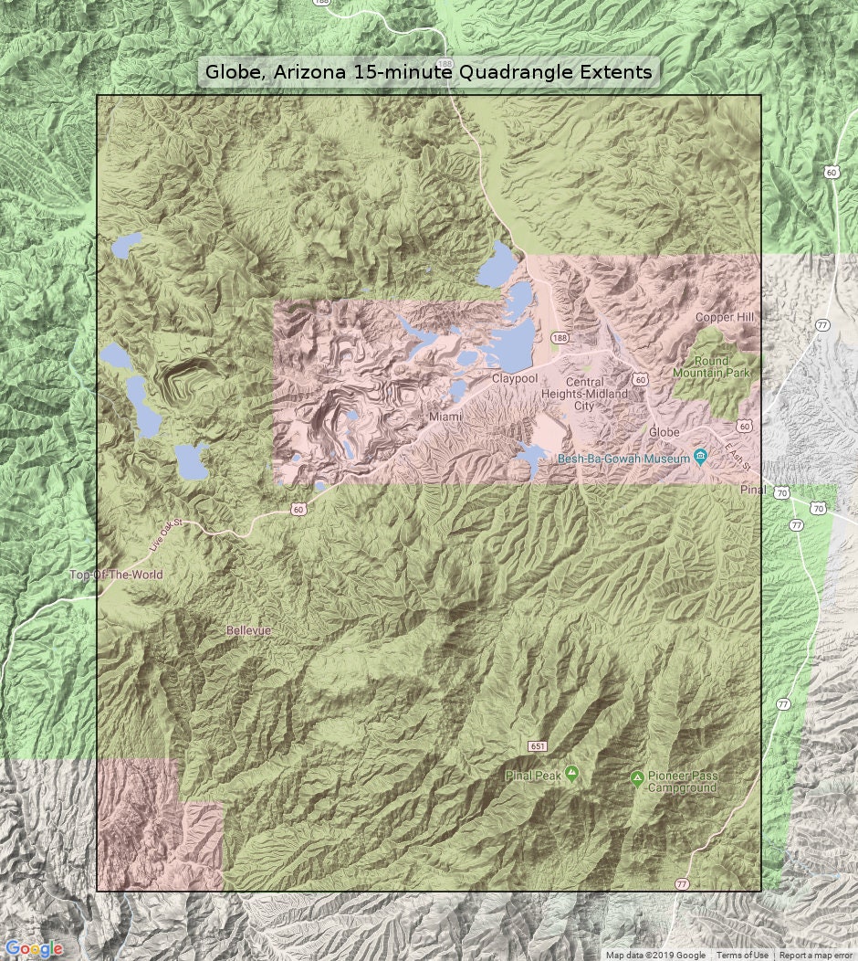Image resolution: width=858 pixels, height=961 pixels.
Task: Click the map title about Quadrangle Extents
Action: point(428,72)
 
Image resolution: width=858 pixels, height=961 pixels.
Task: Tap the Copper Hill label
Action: point(727,317)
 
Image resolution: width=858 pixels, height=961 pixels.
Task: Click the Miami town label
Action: point(447,417)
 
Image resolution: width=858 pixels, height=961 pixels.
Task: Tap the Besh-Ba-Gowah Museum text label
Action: point(624,459)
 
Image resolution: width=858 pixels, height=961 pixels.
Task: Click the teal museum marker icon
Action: point(700,458)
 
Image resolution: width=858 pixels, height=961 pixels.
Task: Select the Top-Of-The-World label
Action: point(116,575)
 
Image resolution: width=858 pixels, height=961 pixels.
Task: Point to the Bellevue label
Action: point(249,631)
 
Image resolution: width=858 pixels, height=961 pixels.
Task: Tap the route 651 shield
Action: point(538,746)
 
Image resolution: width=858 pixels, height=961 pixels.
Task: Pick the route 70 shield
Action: point(781,493)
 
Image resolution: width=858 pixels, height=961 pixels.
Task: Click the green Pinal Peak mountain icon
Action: point(571,775)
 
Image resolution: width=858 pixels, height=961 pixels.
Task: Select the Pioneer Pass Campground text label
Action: point(682,782)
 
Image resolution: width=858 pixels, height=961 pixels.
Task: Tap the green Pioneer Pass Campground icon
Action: point(637,778)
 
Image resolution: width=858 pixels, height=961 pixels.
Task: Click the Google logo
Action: point(34,949)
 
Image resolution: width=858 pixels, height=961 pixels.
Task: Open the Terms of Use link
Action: point(742,956)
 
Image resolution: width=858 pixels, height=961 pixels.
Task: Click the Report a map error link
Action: point(817,956)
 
